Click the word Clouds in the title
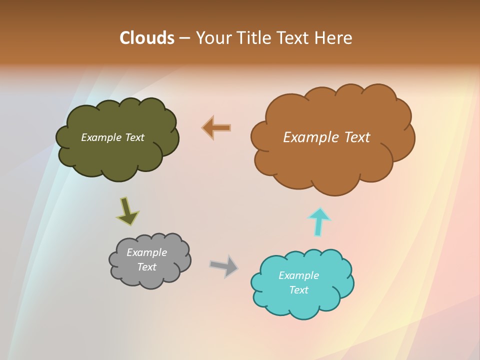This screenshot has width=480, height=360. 147,38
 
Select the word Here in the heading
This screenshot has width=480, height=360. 334,38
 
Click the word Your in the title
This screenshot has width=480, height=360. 213,38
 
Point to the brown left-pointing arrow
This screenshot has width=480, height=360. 216,128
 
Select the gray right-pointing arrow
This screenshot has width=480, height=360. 224,265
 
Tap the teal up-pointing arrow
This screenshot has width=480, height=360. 318,221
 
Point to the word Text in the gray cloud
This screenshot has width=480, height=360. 146,267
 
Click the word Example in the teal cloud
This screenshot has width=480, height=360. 298,275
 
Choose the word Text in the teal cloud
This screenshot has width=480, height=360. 298,290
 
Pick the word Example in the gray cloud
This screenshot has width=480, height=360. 146,252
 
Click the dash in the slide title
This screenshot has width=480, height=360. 184,38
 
